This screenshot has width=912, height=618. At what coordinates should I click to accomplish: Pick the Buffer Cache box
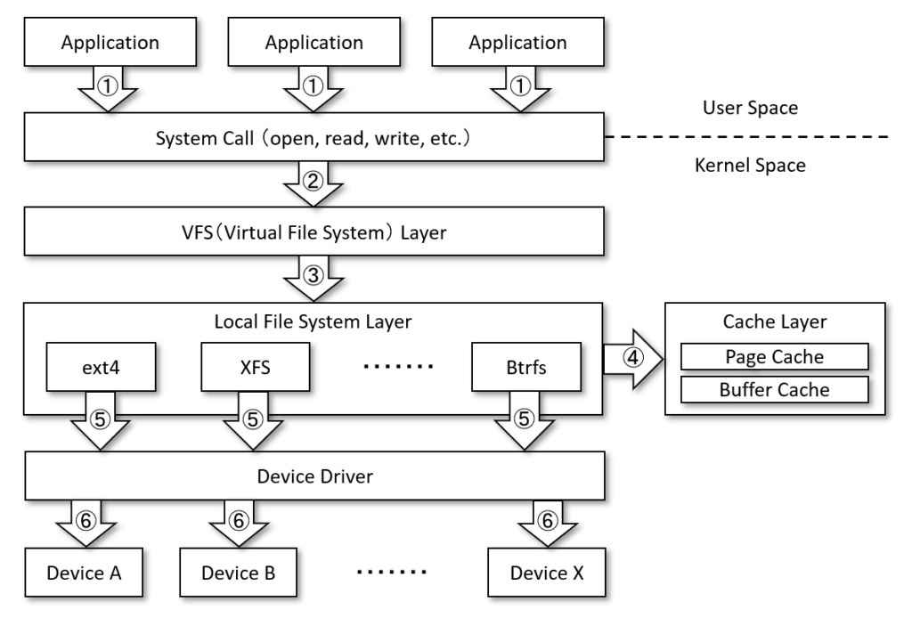(774, 389)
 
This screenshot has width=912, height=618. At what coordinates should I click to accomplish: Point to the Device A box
(85, 571)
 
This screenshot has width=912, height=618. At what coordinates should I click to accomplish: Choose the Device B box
(238, 571)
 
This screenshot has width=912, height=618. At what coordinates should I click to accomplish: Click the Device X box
(547, 571)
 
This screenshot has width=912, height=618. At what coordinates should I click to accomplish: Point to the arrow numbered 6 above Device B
(239, 525)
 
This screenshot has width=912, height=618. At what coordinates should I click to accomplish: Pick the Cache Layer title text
(774, 323)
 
